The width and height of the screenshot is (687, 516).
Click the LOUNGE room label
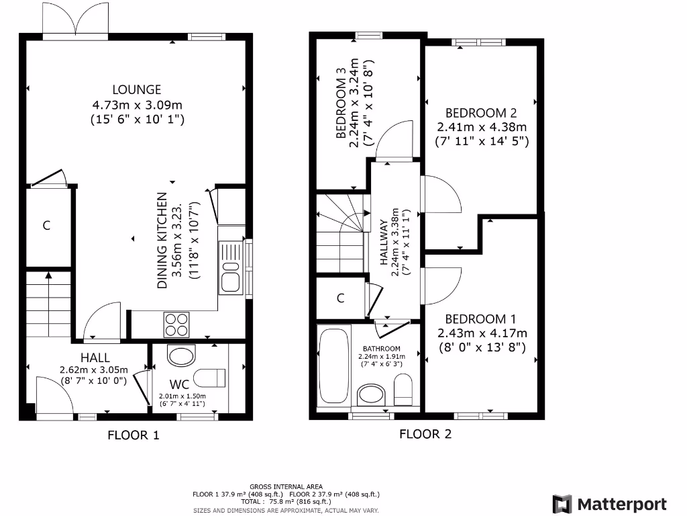click(137, 89)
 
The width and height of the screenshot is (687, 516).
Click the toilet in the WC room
click(211, 378)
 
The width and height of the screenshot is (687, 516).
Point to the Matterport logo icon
click(562, 505)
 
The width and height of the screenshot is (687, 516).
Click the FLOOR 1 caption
click(134, 435)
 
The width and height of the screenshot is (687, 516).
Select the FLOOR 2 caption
click(425, 433)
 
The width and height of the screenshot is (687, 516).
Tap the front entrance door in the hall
click(54, 398)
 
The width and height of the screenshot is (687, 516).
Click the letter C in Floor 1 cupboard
click(46, 226)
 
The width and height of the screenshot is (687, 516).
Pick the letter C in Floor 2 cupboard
click(340, 298)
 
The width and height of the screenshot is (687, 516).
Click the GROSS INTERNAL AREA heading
click(286, 486)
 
